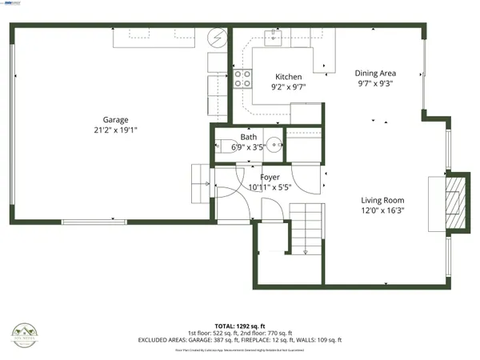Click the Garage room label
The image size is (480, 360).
115,120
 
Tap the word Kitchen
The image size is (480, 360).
288,77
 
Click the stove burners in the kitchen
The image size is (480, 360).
242,78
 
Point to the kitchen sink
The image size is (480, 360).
281,35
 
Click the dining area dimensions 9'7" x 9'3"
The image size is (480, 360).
376,82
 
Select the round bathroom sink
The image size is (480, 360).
274,146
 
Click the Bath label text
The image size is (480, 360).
248,138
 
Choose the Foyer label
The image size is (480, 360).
270,177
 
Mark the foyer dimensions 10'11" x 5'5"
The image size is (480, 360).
270,186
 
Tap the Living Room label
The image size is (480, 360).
382,201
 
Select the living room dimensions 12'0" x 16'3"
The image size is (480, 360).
382,211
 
